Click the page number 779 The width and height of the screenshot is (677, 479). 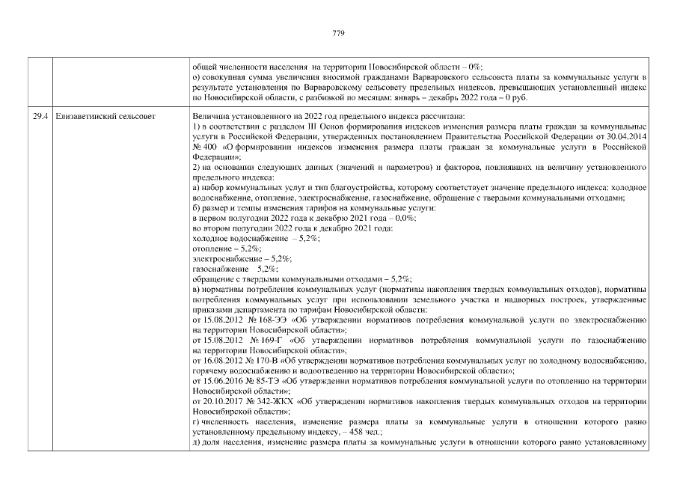pos(338,33)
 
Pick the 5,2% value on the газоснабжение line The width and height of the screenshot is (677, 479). pos(267,268)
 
